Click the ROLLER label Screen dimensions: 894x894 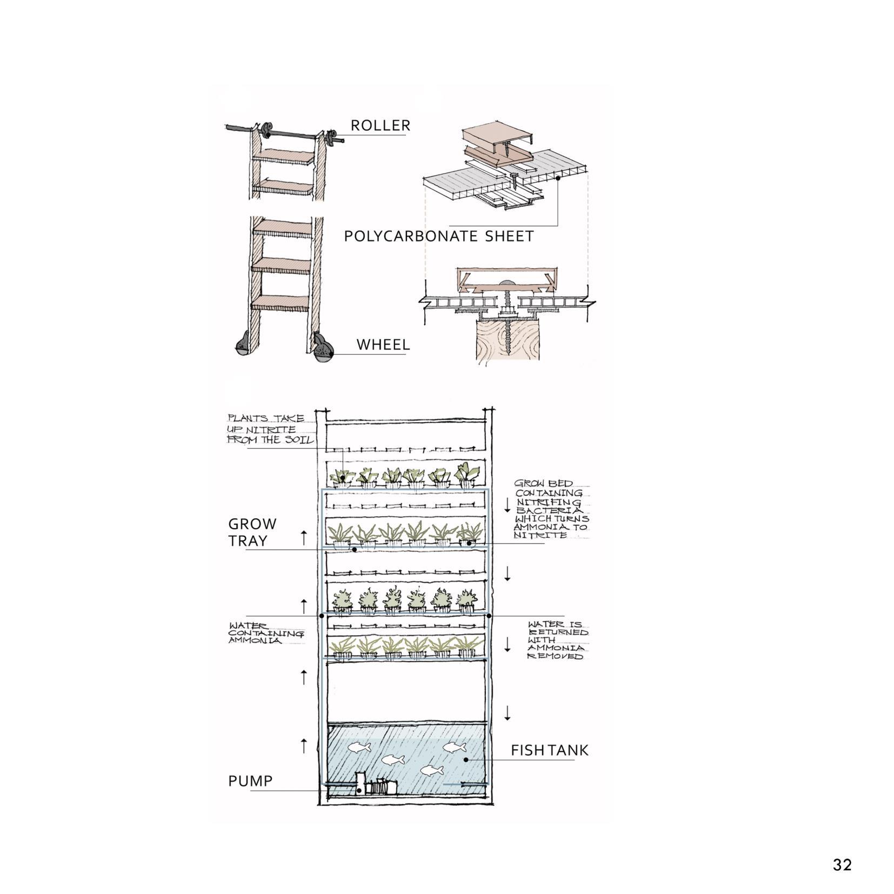[381, 125]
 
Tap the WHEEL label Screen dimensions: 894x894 [383, 344]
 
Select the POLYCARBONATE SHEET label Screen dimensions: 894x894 [439, 236]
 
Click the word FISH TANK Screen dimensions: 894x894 [550, 750]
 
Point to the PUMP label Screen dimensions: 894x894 [250, 780]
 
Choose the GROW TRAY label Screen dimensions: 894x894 [252, 532]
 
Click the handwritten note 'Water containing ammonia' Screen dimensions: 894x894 [266, 633]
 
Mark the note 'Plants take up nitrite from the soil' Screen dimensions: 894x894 [270, 429]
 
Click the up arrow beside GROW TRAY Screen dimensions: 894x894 [304, 538]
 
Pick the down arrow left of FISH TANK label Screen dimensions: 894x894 [507, 713]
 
